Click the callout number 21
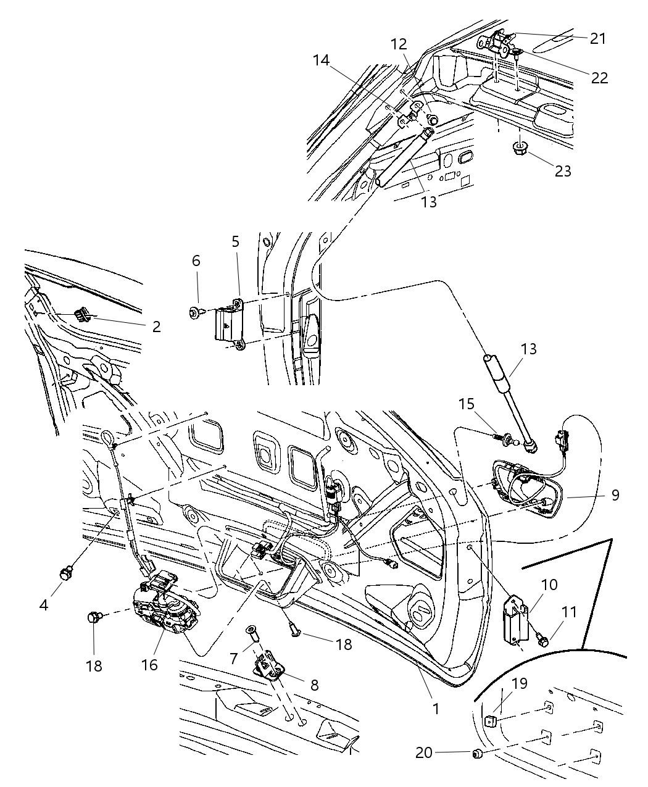[x=597, y=38]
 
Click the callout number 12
[x=399, y=44]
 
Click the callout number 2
[x=156, y=327]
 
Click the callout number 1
[x=436, y=709]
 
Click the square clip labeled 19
[x=491, y=720]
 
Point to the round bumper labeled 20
[x=476, y=753]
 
